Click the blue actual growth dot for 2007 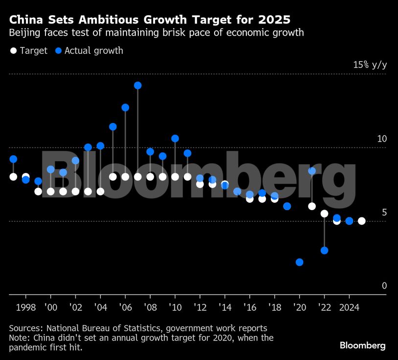(x=138, y=85)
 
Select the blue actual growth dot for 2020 (x=299, y=262)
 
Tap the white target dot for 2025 (x=361, y=221)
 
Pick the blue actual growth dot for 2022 (x=324, y=251)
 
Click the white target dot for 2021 (x=312, y=206)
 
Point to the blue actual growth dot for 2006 (x=125, y=107)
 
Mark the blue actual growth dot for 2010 (x=175, y=139)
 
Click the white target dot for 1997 (x=13, y=177)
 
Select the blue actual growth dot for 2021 (x=312, y=171)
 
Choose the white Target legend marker (x=13, y=50)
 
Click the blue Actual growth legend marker (x=58, y=50)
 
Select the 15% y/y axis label (x=370, y=65)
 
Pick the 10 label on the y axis (x=381, y=139)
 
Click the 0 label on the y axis (x=384, y=286)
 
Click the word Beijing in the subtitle (x=24, y=33)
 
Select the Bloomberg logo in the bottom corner (x=362, y=346)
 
